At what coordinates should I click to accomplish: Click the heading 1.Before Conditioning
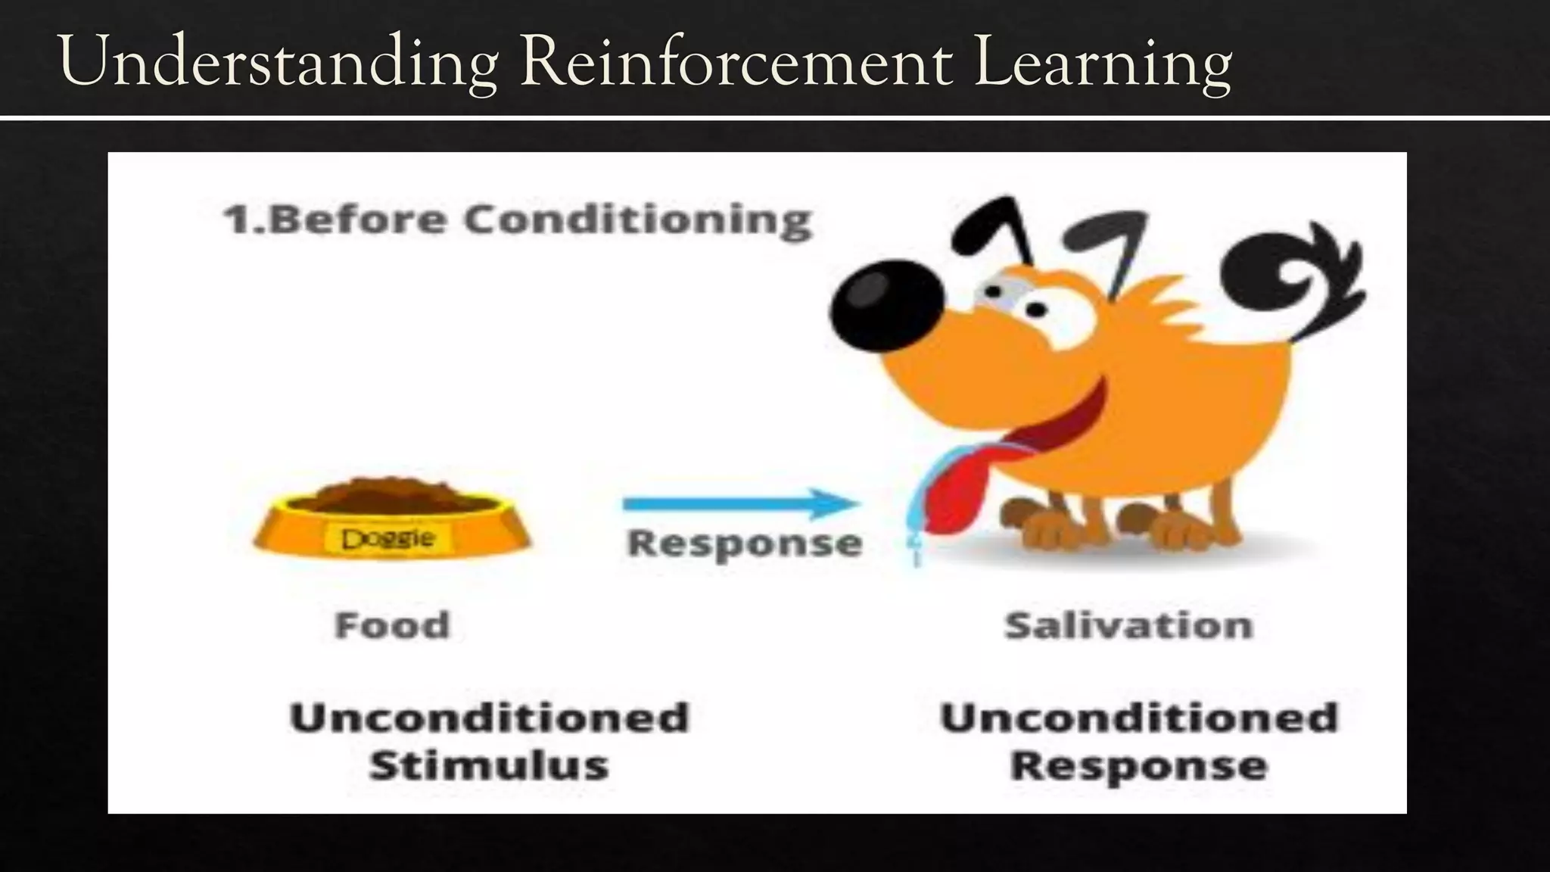pyautogui.click(x=518, y=220)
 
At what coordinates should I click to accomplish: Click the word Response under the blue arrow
pyautogui.click(x=745, y=543)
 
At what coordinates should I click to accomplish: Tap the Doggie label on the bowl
pyautogui.click(x=388, y=539)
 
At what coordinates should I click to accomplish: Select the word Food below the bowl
pyautogui.click(x=392, y=625)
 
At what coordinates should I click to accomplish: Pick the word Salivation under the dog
pyautogui.click(x=1128, y=625)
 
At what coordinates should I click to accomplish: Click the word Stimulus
pyautogui.click(x=489, y=765)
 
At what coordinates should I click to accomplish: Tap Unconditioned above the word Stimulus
pyautogui.click(x=489, y=718)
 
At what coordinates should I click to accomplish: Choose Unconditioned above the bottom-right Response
pyautogui.click(x=1139, y=718)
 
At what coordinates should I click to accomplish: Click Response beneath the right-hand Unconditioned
pyautogui.click(x=1139, y=765)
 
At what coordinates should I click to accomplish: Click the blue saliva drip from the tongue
pyautogui.click(x=914, y=522)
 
